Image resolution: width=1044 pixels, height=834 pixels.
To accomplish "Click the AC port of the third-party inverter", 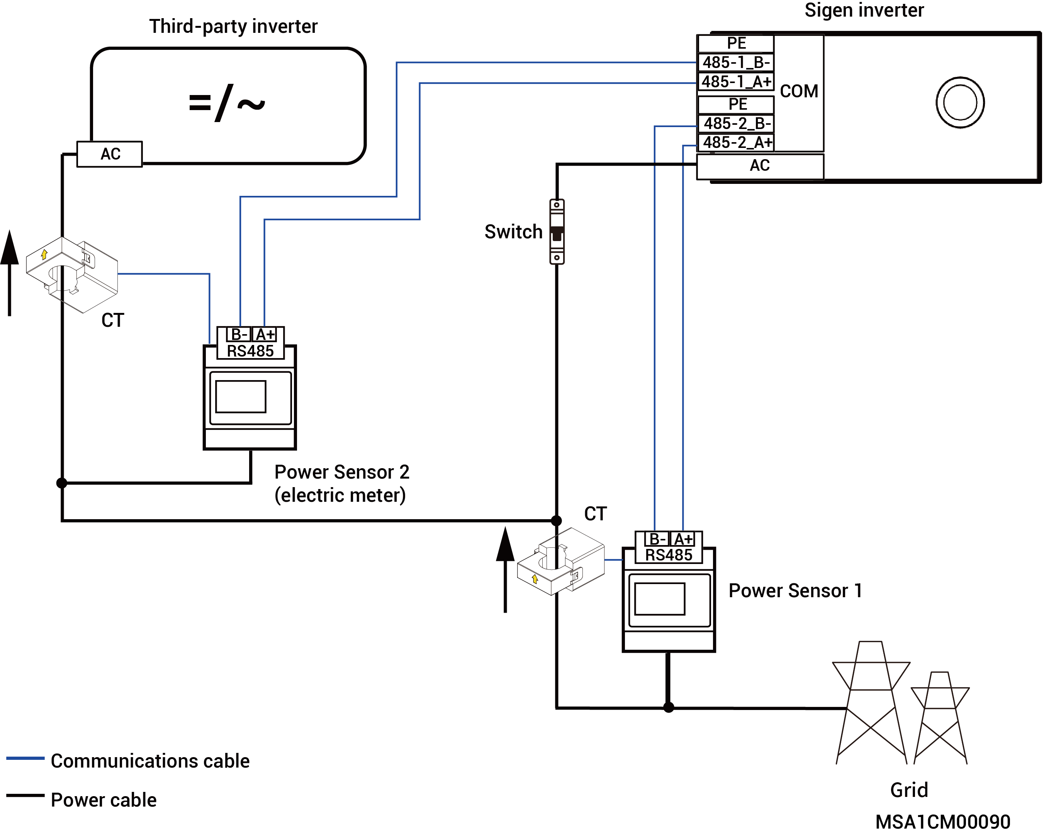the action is tap(110, 154).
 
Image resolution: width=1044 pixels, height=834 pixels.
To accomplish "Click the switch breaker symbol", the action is tap(557, 231).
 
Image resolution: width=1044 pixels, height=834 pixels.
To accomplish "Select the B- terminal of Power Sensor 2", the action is tap(239, 335).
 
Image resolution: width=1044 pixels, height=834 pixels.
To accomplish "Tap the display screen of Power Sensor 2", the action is tap(241, 397).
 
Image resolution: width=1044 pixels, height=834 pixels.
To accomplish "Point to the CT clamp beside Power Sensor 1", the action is tap(561, 561).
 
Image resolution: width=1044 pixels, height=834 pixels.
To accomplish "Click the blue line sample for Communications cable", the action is tap(25, 758).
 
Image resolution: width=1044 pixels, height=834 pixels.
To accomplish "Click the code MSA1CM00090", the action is tap(943, 822).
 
